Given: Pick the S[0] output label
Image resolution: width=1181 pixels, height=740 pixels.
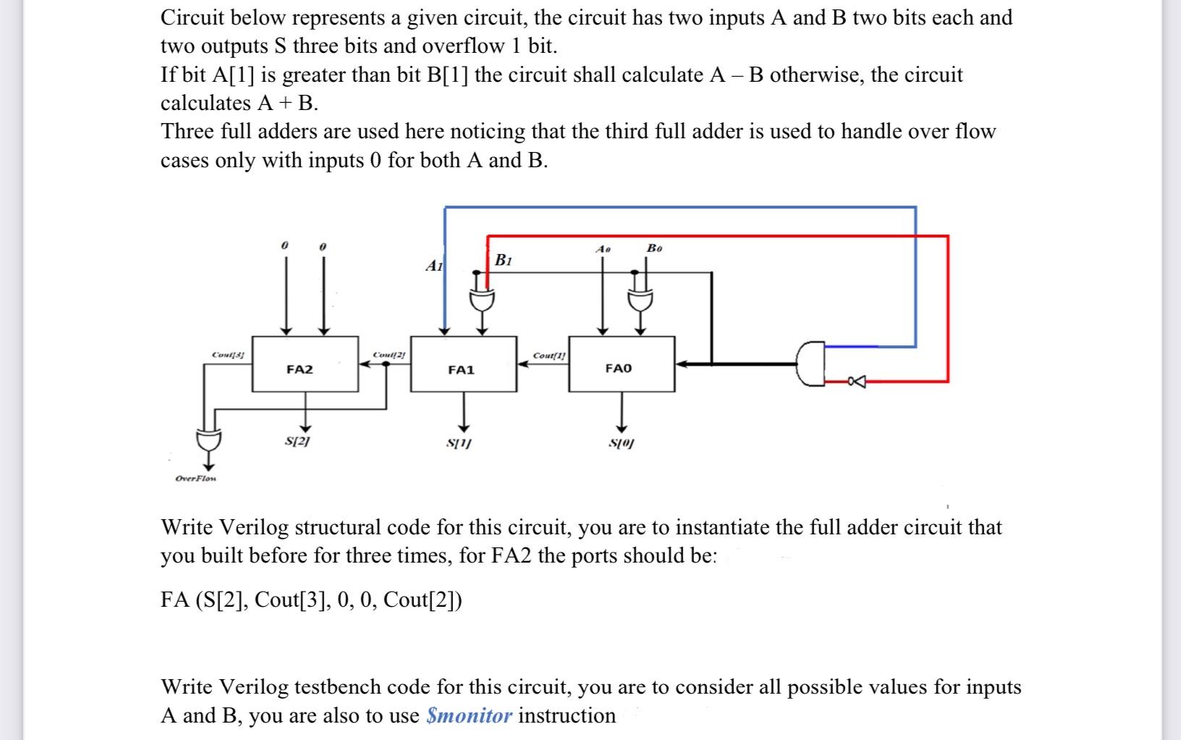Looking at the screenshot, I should [620, 442].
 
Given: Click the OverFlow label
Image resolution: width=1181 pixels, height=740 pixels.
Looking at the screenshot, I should [197, 479].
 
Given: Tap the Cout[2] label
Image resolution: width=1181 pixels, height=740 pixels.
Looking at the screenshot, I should [389, 354].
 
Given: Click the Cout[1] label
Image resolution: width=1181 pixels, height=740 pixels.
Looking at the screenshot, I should [549, 356].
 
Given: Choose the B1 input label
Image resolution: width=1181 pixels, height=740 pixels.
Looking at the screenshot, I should [504, 260].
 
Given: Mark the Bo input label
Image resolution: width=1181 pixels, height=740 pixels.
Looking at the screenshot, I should [654, 248].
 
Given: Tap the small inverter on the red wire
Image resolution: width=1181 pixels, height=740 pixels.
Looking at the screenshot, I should [857, 381].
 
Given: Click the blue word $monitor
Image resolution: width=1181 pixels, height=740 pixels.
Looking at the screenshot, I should [470, 715].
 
